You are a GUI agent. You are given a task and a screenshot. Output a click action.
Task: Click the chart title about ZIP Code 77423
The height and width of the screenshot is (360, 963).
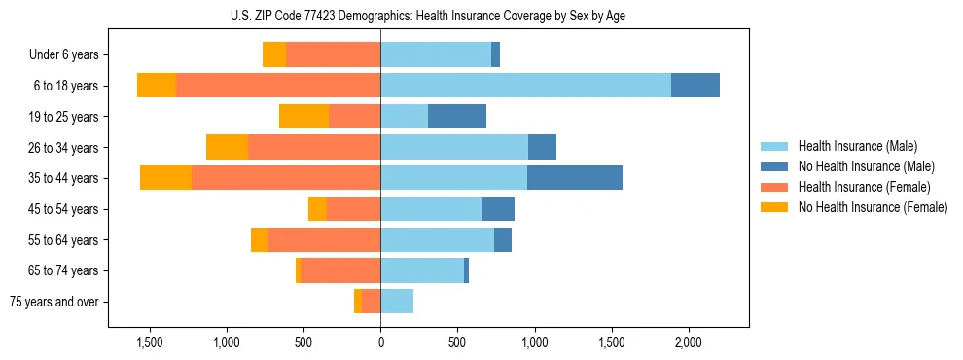pyautogui.click(x=481, y=16)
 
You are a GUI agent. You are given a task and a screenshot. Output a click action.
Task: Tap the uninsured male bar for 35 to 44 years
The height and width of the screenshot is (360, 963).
pyautogui.click(x=575, y=178)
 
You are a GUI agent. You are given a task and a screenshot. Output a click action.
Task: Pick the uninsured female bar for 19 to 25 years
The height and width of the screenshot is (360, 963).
pyautogui.click(x=303, y=117)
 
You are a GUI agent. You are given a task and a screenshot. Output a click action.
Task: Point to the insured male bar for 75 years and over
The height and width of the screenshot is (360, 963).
pyautogui.click(x=397, y=302)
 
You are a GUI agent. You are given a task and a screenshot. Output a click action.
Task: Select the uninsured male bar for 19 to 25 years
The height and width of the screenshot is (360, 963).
pyautogui.click(x=457, y=117)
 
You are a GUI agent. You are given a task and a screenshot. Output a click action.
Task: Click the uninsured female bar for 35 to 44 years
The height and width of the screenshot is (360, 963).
pyautogui.click(x=165, y=178)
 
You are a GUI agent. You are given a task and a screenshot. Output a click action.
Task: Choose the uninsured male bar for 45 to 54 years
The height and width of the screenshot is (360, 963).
pyautogui.click(x=498, y=209)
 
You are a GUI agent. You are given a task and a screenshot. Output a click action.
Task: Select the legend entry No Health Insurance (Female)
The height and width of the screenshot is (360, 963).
pyautogui.click(x=873, y=207)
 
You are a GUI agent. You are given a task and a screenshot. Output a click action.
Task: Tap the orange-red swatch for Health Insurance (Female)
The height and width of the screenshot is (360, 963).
pyautogui.click(x=774, y=187)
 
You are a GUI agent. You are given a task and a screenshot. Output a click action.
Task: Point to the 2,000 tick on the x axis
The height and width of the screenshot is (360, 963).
pyautogui.click(x=688, y=342)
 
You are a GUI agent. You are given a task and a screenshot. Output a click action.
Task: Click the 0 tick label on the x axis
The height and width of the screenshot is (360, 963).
pyautogui.click(x=380, y=342)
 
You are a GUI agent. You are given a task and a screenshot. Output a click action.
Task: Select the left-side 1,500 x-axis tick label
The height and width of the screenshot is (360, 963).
pyautogui.click(x=149, y=342)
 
